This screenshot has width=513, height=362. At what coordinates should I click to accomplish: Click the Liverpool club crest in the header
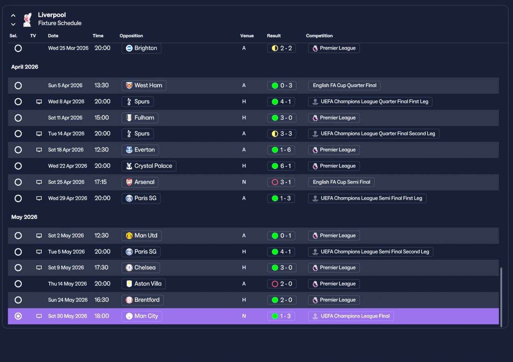pos(27,20)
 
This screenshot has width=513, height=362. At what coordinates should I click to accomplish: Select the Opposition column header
pos(131,36)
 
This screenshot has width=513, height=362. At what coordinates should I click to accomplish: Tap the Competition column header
pos(319,36)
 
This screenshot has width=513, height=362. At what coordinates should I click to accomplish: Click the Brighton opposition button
pos(141,48)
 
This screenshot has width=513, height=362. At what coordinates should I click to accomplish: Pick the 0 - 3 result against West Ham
pos(282,85)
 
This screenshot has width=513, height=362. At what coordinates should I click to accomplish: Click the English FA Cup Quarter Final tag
pos(344,85)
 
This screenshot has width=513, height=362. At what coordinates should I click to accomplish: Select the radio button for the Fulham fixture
pos(18,118)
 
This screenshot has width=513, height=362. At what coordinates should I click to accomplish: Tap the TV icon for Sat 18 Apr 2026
pos(39,150)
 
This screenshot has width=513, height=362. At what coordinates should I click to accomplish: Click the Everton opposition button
pos(140,150)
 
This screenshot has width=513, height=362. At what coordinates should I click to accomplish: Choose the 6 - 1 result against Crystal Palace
pos(281,166)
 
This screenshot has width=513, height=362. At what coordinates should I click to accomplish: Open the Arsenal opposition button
pos(140,182)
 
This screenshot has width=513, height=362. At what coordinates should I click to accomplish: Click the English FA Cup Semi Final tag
pos(341,182)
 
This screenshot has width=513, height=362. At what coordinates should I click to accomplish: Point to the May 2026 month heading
pos(24,217)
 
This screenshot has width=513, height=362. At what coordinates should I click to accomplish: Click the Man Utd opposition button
pos(141,236)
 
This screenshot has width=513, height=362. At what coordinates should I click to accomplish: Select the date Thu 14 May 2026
pos(67,284)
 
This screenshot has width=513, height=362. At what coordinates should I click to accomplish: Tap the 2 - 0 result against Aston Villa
pos(282,284)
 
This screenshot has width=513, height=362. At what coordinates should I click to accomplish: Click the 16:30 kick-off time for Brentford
pos(101,300)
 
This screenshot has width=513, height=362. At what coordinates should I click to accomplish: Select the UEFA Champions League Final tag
pos(351,316)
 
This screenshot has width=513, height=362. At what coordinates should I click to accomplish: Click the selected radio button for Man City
pos(18,316)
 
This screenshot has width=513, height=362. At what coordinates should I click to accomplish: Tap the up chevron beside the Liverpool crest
pos(13,16)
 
